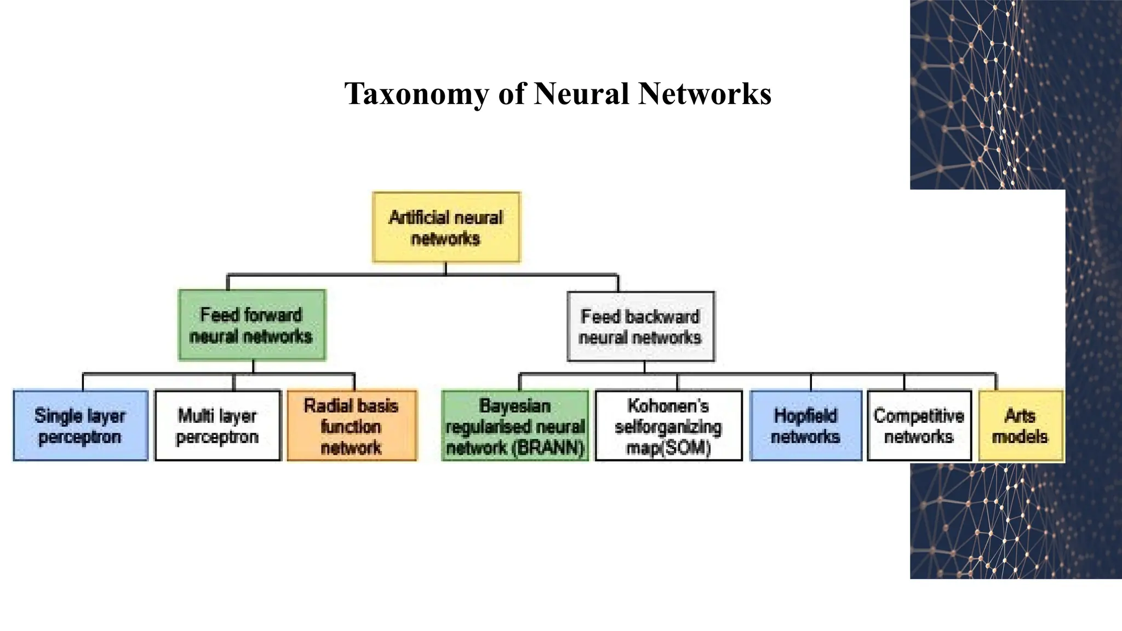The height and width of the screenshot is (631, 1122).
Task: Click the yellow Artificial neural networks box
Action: [x=446, y=227]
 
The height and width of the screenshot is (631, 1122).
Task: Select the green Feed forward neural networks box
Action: [x=252, y=325]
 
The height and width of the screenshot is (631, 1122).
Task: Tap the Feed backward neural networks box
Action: [x=640, y=326]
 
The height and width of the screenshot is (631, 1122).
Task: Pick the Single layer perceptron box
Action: [x=81, y=426]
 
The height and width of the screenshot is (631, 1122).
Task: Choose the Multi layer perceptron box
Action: [x=217, y=426]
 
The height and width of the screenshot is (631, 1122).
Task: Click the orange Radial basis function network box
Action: [x=352, y=426]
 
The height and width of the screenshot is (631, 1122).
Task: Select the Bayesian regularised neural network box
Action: [x=515, y=426]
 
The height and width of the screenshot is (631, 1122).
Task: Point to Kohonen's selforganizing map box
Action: [x=668, y=426]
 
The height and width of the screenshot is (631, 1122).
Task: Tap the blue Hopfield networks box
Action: [x=805, y=426]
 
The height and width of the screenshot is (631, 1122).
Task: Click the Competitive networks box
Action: [x=919, y=426]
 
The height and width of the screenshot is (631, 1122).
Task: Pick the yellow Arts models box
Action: [x=1020, y=426]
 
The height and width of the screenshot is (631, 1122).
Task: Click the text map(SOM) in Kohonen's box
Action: [x=668, y=448]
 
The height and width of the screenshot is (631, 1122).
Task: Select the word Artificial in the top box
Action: [x=416, y=218]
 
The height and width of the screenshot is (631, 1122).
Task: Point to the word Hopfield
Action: [x=805, y=416]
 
